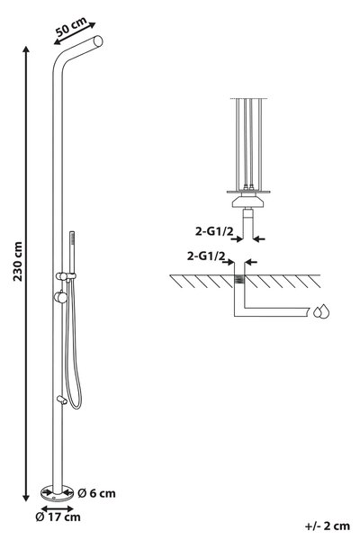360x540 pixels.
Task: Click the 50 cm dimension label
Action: pyautogui.click(x=71, y=27)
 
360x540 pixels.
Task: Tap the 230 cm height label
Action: pyautogui.click(x=18, y=261)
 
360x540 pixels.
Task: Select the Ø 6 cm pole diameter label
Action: pyautogui.click(x=96, y=493)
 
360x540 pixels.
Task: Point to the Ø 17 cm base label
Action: pyautogui.click(x=58, y=517)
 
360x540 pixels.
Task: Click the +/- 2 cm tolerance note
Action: pyautogui.click(x=328, y=526)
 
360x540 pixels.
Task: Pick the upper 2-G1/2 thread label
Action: pyautogui.click(x=214, y=231)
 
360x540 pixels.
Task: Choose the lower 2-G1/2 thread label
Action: pyautogui.click(x=206, y=256)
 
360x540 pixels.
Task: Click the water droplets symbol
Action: pyautogui.click(x=321, y=311)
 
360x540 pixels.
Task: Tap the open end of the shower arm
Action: pyautogui.click(x=98, y=41)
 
